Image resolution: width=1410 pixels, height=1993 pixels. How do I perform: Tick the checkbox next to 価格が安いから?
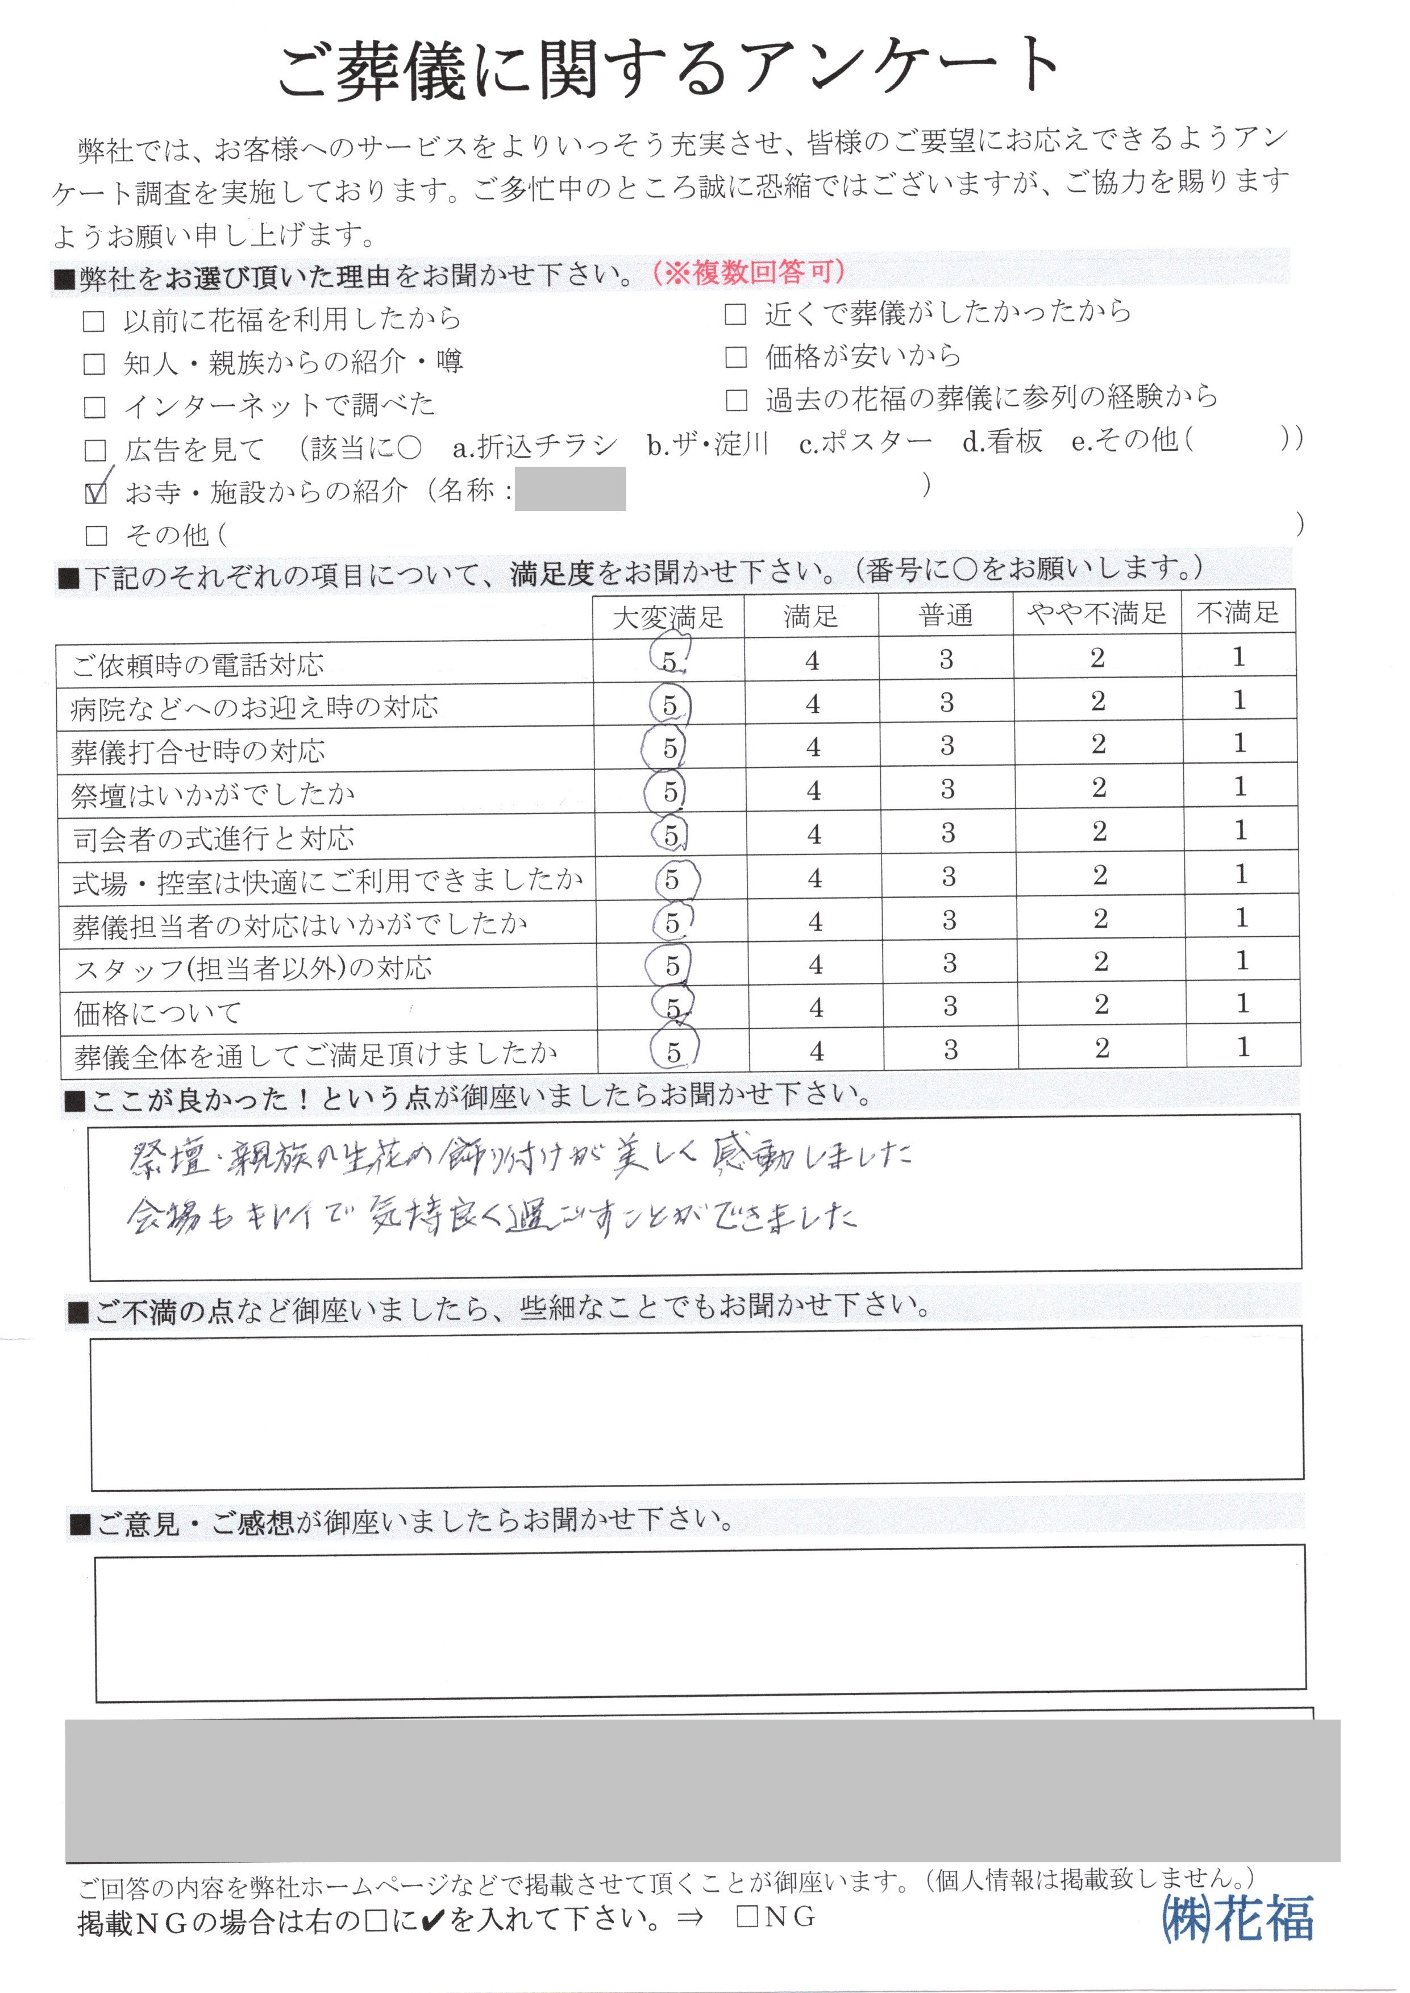pos(735,357)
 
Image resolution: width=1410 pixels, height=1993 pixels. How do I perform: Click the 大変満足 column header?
pos(668,617)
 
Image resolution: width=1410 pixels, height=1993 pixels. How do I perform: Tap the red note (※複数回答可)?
pos(749,273)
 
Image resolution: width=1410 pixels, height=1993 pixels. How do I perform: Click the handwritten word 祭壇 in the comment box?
pos(169,1159)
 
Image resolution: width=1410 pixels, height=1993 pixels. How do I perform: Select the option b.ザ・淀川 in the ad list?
pos(708,445)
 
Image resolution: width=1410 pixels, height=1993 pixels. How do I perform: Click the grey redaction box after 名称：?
pos(571,489)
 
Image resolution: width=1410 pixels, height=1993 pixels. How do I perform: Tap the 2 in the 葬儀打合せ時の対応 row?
pos(1099,744)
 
